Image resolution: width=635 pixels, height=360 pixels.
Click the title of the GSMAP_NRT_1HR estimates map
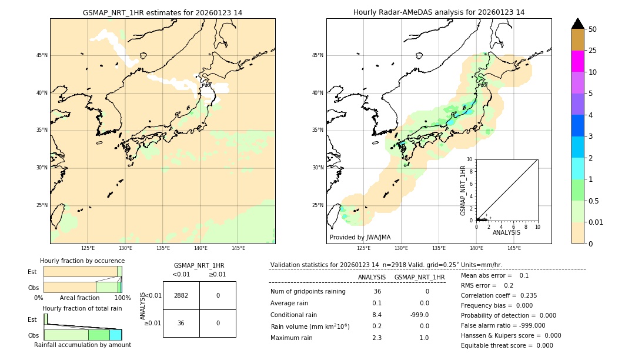[162, 12]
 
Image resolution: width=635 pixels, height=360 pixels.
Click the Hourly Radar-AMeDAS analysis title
[439, 12]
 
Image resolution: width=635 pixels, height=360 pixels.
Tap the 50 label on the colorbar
[593, 29]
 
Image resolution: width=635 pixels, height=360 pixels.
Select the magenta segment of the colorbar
[577, 61]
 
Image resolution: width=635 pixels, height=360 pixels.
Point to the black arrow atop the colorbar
[577, 24]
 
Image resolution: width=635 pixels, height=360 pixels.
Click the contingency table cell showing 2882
[181, 295]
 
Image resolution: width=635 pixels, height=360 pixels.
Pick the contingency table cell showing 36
[181, 323]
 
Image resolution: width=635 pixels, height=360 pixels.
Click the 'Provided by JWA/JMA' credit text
[360, 237]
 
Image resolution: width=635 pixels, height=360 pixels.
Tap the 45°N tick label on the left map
[42, 55]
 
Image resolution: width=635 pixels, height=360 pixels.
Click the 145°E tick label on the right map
[514, 249]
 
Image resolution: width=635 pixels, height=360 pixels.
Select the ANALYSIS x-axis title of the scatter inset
[506, 232]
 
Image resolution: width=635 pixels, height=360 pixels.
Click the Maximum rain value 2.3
[376, 338]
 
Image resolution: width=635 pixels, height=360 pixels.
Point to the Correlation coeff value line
[499, 295]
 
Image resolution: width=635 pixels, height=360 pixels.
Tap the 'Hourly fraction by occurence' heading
[82, 261]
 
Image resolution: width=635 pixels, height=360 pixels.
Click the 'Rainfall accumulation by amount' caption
[82, 345]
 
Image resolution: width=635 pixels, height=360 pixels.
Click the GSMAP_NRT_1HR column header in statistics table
[419, 277]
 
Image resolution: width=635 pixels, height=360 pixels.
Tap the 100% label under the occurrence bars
[122, 298]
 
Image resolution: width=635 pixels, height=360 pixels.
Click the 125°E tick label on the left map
[88, 249]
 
